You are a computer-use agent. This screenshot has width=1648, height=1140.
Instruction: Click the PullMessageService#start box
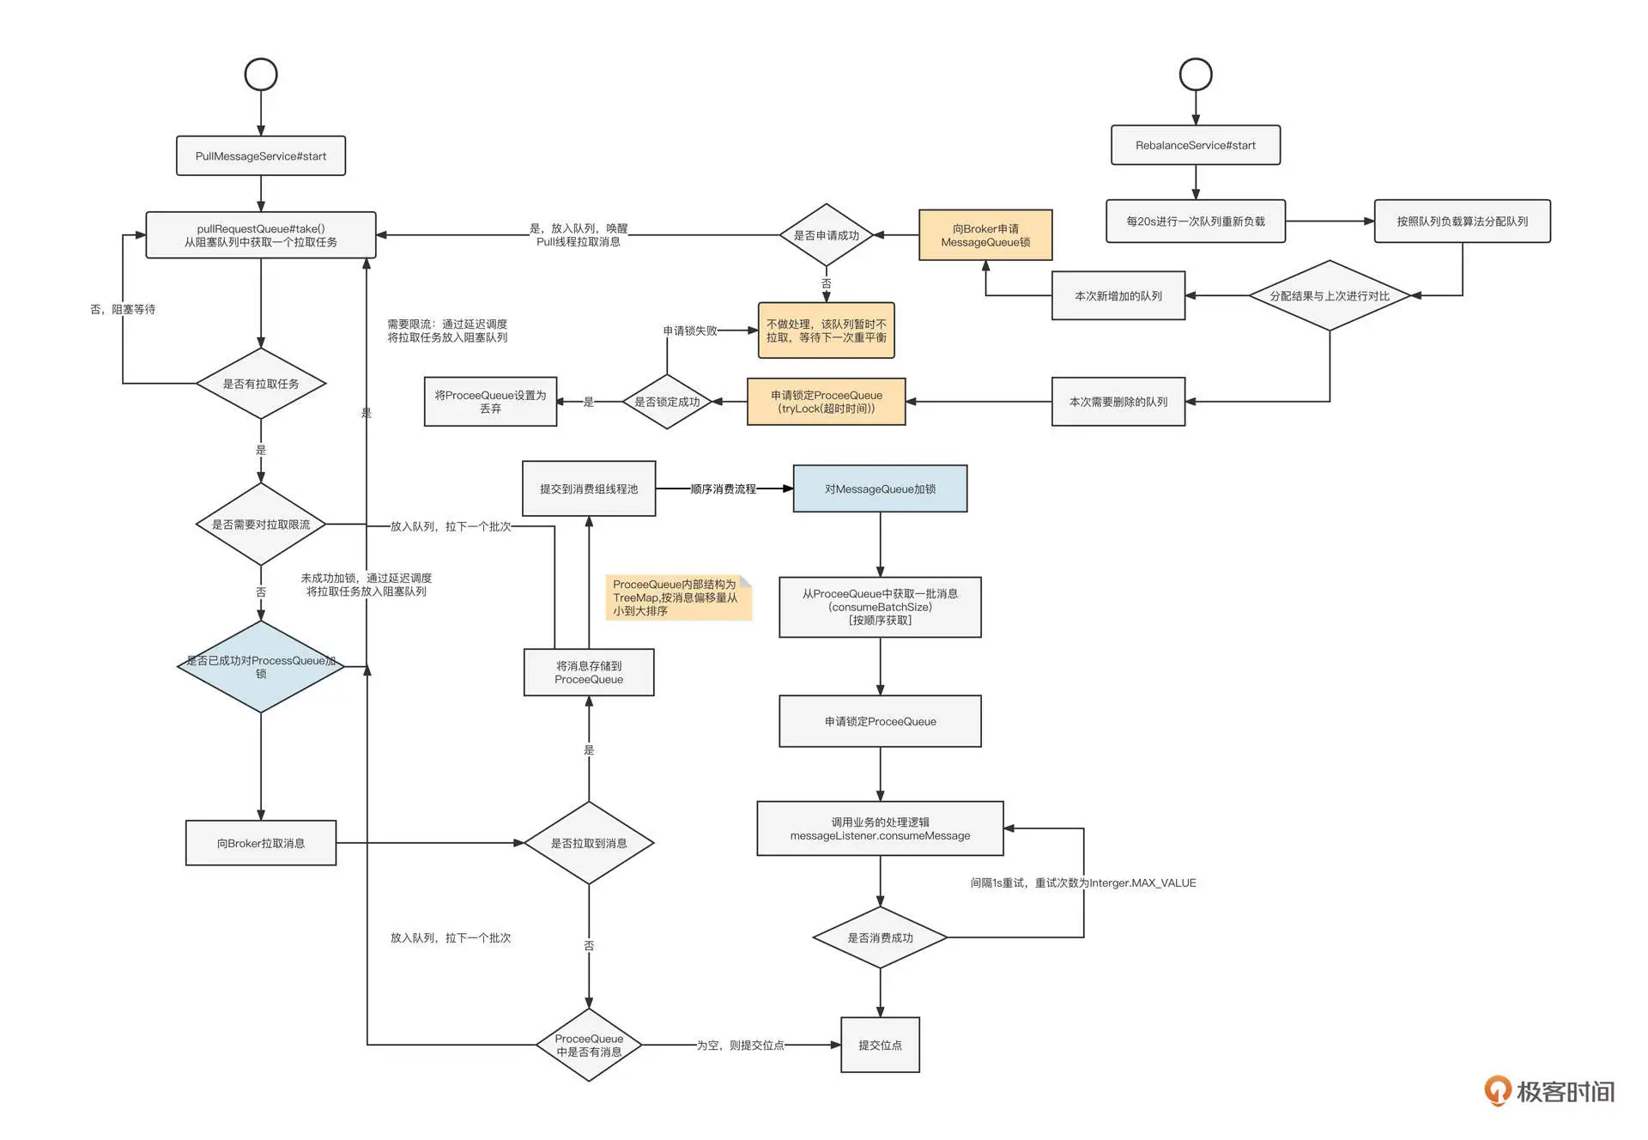pyautogui.click(x=261, y=156)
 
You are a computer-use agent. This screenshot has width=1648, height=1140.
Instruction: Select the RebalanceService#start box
pyautogui.click(x=1195, y=145)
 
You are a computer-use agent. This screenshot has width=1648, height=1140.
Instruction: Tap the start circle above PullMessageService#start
pyautogui.click(x=261, y=75)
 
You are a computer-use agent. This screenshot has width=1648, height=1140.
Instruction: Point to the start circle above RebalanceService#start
pyautogui.click(x=1195, y=75)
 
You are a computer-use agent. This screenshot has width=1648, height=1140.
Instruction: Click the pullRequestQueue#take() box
pyautogui.click(x=261, y=235)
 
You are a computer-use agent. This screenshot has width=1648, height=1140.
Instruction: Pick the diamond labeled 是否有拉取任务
pyautogui.click(x=261, y=384)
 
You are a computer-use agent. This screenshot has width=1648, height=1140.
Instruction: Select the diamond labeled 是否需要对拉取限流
pyautogui.click(x=261, y=525)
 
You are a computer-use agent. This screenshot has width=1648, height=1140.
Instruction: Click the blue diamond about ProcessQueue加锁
pyautogui.click(x=261, y=667)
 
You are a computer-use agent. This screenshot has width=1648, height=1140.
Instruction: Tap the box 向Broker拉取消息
pyautogui.click(x=261, y=843)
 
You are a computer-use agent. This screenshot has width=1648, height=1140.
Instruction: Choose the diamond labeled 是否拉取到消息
pyautogui.click(x=589, y=843)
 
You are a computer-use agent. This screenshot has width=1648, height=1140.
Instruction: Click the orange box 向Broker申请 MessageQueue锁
pyautogui.click(x=985, y=235)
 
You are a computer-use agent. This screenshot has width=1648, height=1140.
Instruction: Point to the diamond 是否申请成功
pyautogui.click(x=826, y=235)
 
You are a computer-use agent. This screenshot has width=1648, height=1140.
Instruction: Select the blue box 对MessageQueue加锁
pyautogui.click(x=880, y=489)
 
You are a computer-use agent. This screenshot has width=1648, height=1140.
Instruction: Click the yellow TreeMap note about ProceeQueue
pyautogui.click(x=677, y=597)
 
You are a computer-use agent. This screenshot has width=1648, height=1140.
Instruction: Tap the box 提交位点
pyautogui.click(x=880, y=1045)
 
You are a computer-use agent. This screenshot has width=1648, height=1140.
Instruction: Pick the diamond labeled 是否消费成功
pyautogui.click(x=880, y=937)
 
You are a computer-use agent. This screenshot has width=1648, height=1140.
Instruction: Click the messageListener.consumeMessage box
pyautogui.click(x=880, y=828)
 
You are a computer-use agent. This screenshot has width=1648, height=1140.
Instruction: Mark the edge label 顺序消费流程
pyautogui.click(x=724, y=489)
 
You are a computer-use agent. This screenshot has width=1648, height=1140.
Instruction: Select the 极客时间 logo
pyautogui.click(x=1549, y=1091)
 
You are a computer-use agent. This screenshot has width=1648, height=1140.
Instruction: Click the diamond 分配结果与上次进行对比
pyautogui.click(x=1330, y=295)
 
